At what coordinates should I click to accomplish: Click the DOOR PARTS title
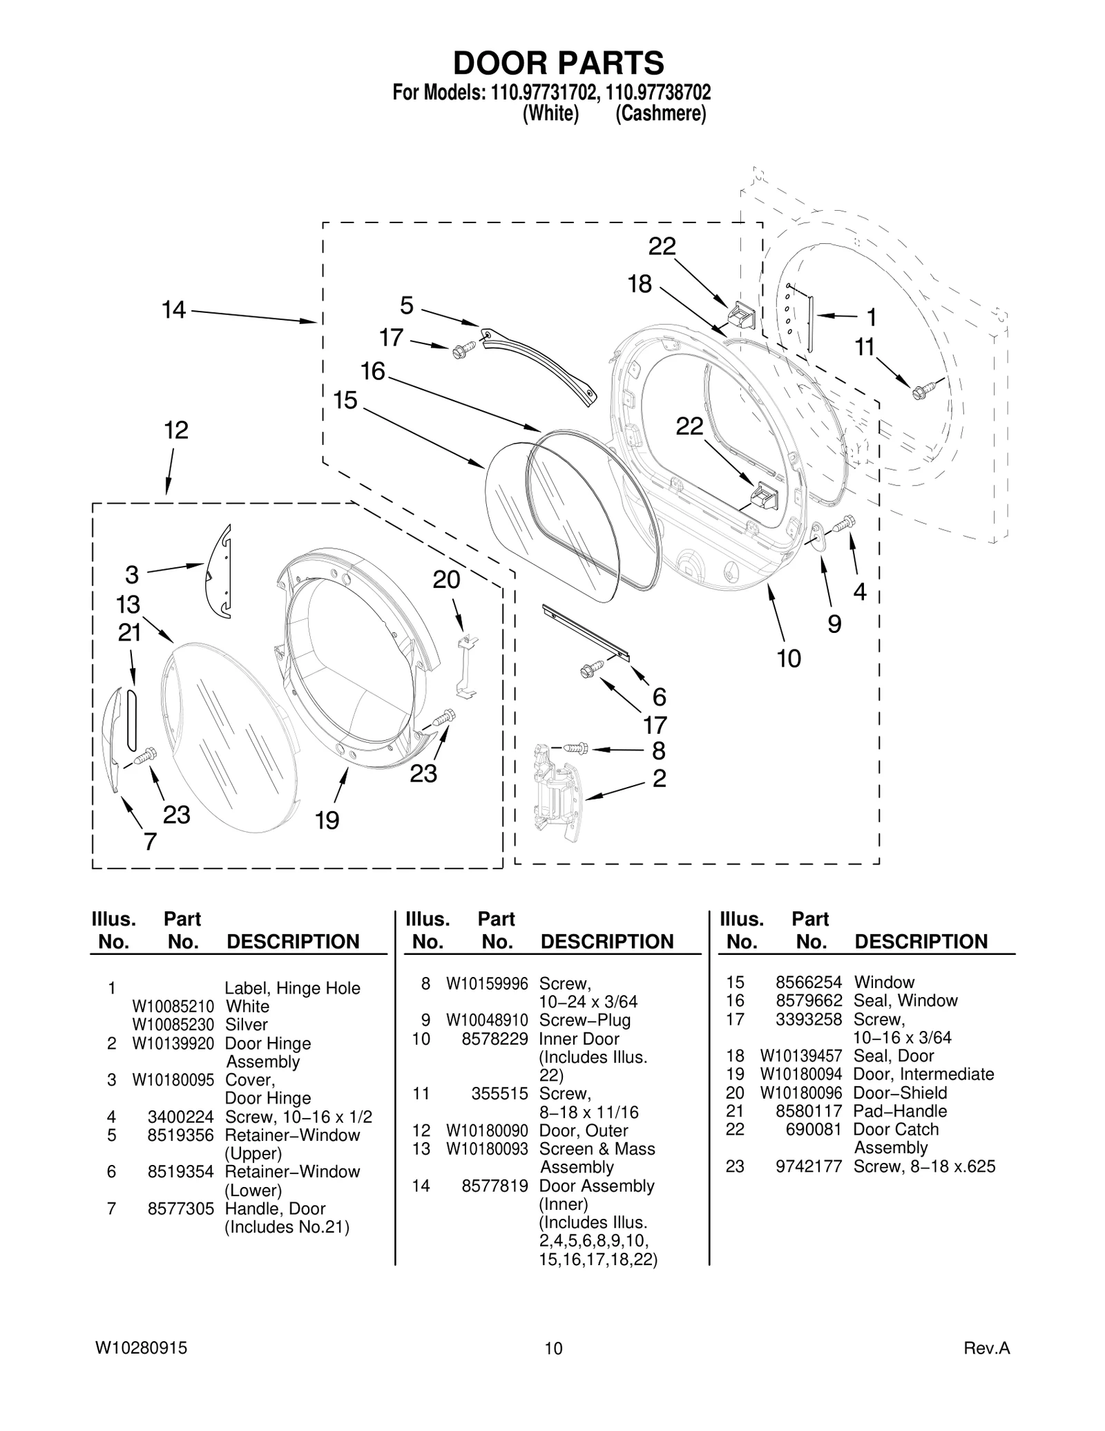(558, 63)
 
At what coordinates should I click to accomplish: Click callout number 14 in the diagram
(173, 310)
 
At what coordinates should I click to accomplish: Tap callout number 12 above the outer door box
(176, 430)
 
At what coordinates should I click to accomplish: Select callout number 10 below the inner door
(789, 658)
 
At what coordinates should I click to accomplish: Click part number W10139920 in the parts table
(173, 1043)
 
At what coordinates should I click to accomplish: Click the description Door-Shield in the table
(900, 1092)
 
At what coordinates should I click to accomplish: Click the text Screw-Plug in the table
(584, 1020)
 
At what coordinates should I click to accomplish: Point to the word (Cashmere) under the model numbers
(660, 113)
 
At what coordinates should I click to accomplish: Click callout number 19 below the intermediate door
(327, 820)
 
